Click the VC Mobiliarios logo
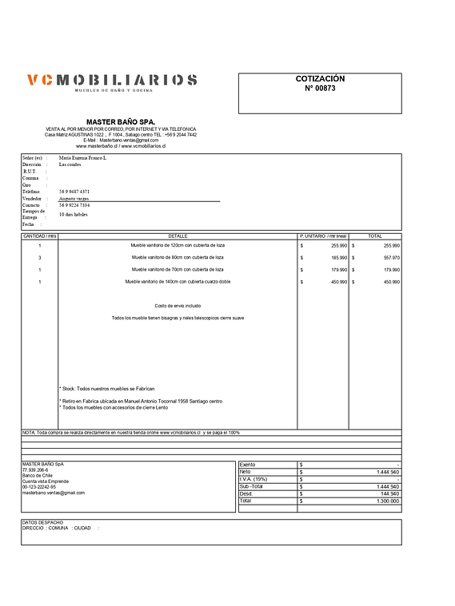click(x=111, y=81)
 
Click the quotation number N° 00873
click(x=320, y=89)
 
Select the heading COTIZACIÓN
click(x=320, y=79)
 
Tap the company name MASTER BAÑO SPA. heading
click(x=121, y=121)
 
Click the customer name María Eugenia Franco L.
click(x=82, y=158)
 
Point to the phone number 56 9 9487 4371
click(x=74, y=192)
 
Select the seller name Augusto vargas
click(x=74, y=199)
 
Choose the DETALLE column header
click(x=178, y=236)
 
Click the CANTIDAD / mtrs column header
click(x=39, y=236)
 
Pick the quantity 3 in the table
click(x=39, y=258)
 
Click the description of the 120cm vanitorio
click(x=178, y=246)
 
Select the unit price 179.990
click(x=337, y=270)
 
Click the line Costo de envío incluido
click(x=178, y=306)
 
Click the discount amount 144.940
click(x=386, y=493)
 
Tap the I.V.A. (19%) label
click(x=253, y=479)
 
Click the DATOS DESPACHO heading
click(x=42, y=522)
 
